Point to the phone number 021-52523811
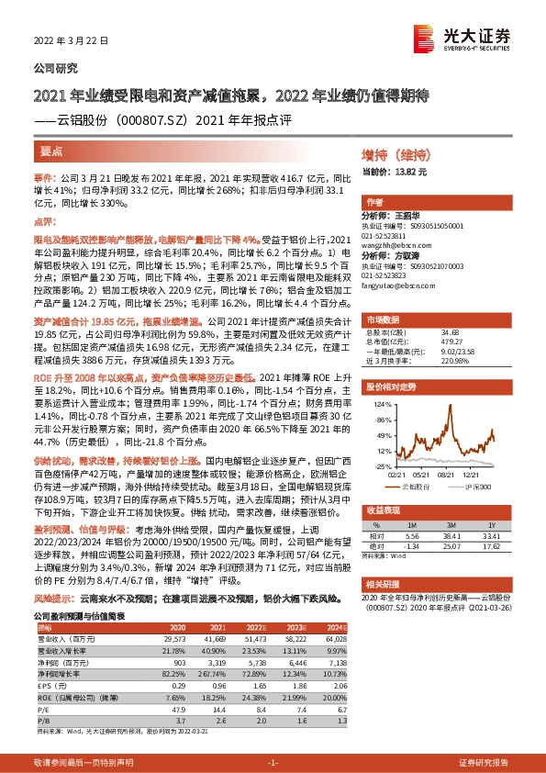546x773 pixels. [x=389, y=236]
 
